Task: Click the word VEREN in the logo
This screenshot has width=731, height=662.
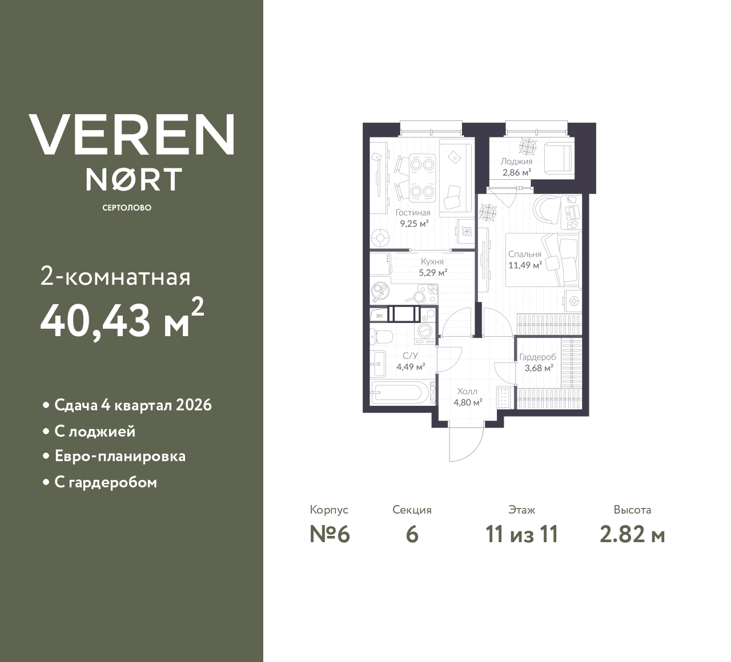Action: point(131,134)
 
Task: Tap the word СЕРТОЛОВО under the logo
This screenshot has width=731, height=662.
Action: point(127,208)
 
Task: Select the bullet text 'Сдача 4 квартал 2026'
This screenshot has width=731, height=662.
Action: point(133,405)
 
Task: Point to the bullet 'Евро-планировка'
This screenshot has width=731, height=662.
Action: point(120,457)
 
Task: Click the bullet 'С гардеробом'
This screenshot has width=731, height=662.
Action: point(106,482)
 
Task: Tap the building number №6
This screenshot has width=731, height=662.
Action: point(330,535)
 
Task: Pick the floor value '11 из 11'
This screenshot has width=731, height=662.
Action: point(521,535)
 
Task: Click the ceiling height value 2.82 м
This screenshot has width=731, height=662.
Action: point(632,535)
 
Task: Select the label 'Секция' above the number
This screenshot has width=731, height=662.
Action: point(412,510)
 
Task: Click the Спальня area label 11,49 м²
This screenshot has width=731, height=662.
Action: point(525,265)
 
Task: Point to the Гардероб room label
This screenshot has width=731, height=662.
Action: point(537,357)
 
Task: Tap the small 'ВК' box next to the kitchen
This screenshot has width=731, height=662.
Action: point(378,314)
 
